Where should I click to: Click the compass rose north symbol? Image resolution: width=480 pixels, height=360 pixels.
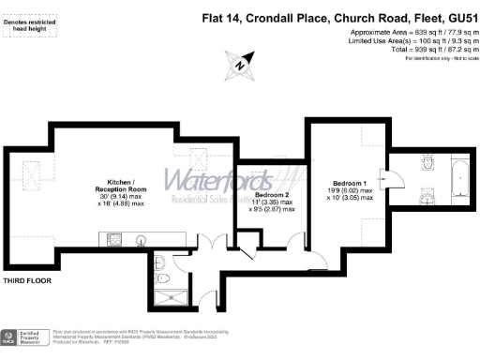tap(240, 66)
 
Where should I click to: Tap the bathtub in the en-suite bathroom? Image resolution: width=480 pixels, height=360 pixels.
tap(459, 177)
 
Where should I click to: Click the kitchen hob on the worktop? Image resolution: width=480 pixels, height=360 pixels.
tap(91, 238)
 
